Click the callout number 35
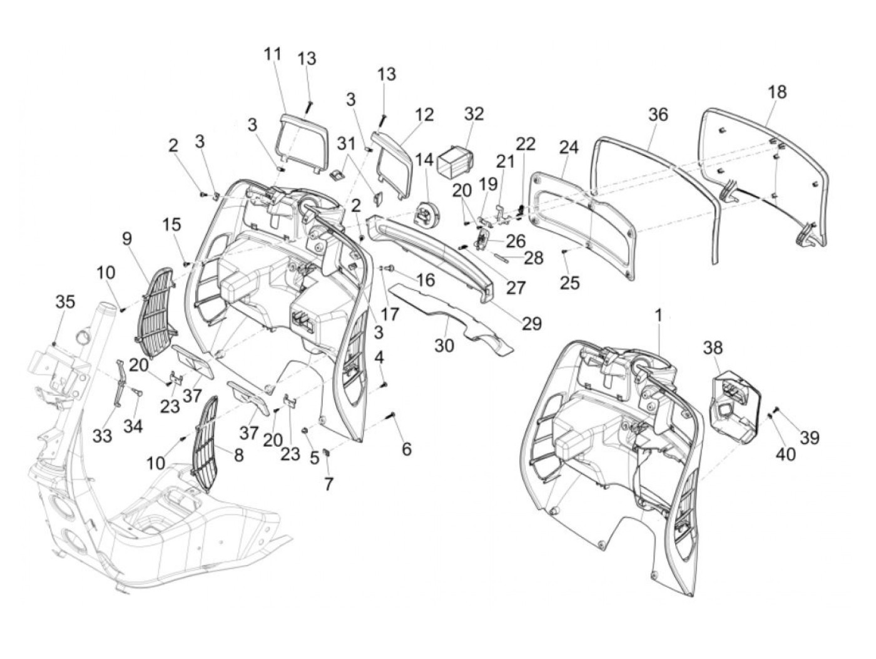click(x=65, y=301)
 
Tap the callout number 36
click(x=658, y=114)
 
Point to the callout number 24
click(x=569, y=147)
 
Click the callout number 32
click(x=474, y=114)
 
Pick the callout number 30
click(x=444, y=344)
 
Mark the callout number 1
click(x=658, y=316)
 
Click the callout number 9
click(x=127, y=239)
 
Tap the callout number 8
click(x=238, y=455)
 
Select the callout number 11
click(x=273, y=54)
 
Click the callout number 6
click(x=407, y=449)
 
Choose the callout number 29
click(x=532, y=323)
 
